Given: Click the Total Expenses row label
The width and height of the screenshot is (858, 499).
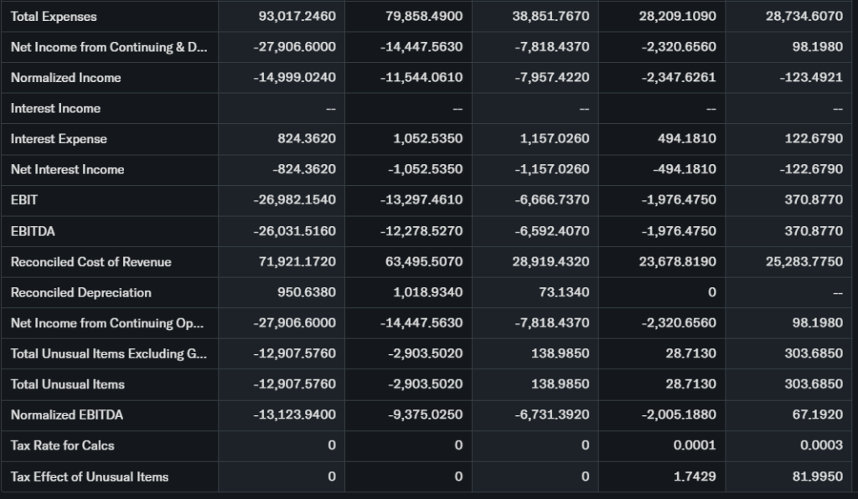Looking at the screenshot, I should (54, 17).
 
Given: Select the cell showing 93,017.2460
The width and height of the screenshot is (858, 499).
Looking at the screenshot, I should (294, 17).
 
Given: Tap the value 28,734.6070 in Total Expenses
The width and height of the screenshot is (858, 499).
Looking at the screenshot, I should (804, 17).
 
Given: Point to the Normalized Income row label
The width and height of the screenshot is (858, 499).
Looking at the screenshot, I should (65, 78).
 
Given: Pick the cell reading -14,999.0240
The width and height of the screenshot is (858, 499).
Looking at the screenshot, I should (294, 78).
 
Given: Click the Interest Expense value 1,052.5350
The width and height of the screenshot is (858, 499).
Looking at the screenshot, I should (427, 139).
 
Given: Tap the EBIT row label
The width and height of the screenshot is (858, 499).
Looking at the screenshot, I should (24, 200).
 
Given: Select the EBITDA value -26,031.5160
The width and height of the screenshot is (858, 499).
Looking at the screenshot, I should (294, 231).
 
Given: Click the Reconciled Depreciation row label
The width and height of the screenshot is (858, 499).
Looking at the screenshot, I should (81, 292).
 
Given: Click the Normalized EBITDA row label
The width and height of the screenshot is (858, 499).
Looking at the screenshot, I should (67, 415).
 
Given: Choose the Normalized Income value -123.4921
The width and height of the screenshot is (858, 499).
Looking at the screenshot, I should (811, 78).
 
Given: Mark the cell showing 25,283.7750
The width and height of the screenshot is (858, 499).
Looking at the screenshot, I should (804, 262).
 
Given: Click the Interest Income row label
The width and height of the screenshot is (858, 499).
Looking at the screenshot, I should (55, 108).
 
